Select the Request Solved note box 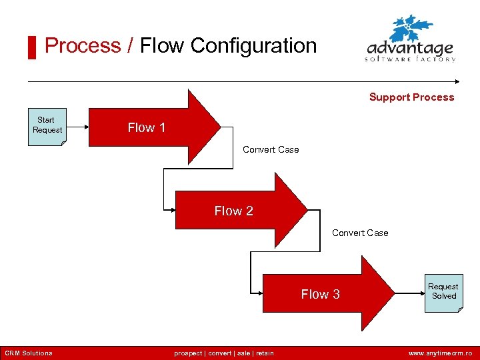click(x=443, y=291)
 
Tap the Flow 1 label click(x=147, y=127)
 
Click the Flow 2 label click(x=233, y=211)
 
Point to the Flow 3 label click(x=320, y=294)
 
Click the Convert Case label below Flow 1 click(x=271, y=149)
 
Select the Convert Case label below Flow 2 click(x=360, y=233)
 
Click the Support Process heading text click(x=411, y=97)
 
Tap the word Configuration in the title click(x=253, y=45)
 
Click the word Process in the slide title click(x=83, y=45)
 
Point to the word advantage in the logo click(x=410, y=49)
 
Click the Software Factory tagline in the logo click(x=410, y=59)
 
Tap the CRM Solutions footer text click(x=29, y=353)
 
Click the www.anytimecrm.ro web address click(x=440, y=353)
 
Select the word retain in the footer click(x=263, y=353)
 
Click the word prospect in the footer click(x=189, y=353)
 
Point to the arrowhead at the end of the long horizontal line click(x=457, y=82)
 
